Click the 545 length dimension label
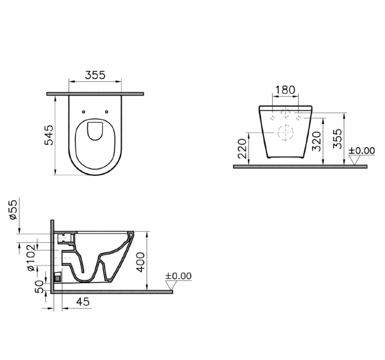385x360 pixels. point(49,135)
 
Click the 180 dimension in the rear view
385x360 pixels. point(285,89)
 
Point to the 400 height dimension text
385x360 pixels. point(141,262)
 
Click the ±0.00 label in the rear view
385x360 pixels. point(362,151)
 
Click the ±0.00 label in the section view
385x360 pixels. point(178,276)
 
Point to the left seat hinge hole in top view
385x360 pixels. point(84,112)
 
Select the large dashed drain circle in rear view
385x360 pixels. point(285,132)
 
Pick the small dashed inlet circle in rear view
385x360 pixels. point(285,113)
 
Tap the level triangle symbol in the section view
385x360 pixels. point(171,285)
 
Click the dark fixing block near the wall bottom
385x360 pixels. point(58,276)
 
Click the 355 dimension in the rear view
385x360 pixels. point(338,138)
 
